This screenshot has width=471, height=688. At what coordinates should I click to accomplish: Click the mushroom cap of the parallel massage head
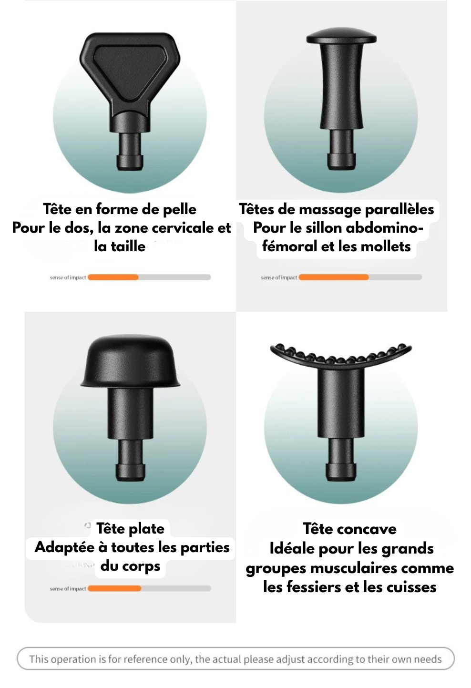click(x=341, y=36)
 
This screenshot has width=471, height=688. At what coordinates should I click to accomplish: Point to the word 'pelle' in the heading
click(x=180, y=209)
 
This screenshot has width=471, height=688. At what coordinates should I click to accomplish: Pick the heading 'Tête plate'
click(x=130, y=528)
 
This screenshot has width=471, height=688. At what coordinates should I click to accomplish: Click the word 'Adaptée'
click(x=64, y=547)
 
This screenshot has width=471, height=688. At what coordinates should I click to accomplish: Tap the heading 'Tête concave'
click(x=349, y=529)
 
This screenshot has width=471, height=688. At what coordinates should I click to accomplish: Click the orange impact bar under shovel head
click(x=113, y=277)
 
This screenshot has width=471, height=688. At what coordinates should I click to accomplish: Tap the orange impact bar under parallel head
click(x=334, y=277)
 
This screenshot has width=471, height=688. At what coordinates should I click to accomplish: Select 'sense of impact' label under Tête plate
click(x=68, y=589)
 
